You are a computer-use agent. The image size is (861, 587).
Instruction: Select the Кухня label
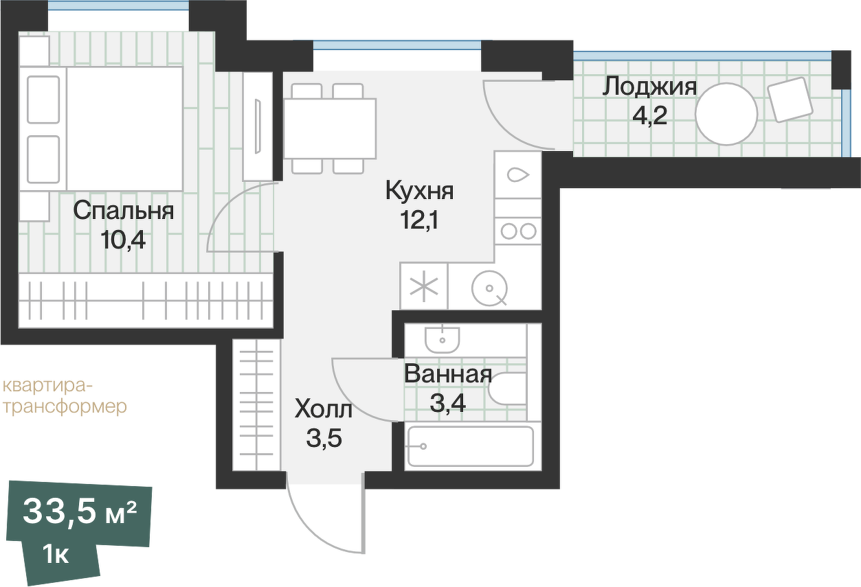click(x=419, y=190)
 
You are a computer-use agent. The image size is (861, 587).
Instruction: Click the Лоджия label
click(x=649, y=87)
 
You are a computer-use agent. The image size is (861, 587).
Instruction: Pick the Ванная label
click(x=448, y=375)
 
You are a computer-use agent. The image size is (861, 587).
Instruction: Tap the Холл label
click(x=324, y=410)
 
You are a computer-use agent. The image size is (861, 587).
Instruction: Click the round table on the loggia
click(x=726, y=113)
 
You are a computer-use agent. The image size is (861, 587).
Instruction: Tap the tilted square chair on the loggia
click(x=791, y=100)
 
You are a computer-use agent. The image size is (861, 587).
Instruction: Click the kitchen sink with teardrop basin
click(x=517, y=175)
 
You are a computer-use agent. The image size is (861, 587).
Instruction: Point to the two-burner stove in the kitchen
click(x=518, y=231)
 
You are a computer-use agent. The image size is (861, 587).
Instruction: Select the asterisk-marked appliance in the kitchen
click(x=424, y=286)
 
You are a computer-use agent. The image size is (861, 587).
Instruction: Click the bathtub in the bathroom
click(x=470, y=448)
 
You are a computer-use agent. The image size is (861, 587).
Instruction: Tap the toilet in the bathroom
click(x=509, y=389)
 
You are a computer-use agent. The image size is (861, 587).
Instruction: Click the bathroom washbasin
click(x=442, y=337)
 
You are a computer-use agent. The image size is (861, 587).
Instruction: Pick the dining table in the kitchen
click(x=330, y=128)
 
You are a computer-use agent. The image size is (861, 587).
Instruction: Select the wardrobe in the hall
click(x=256, y=405)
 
